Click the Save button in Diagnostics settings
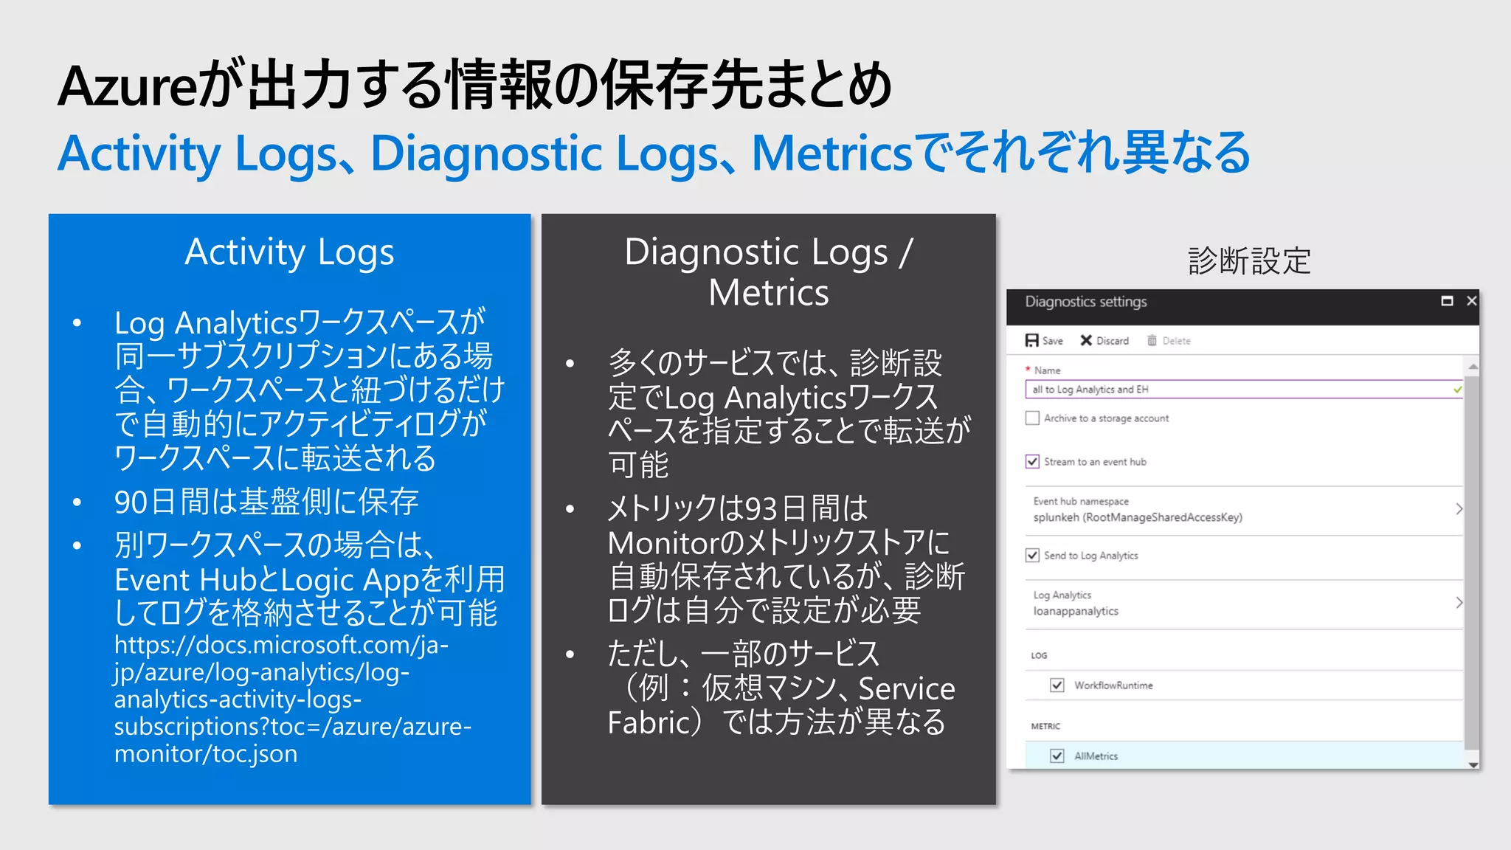tap(1044, 341)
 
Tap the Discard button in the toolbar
tap(1104, 341)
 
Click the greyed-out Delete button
tap(1169, 341)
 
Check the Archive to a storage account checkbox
tap(1032, 418)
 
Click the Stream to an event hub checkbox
tap(1032, 462)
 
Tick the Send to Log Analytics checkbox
tap(1032, 556)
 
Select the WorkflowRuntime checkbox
tap(1057, 685)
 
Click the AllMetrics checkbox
tap(1057, 756)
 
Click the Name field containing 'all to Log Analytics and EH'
tap(1239, 390)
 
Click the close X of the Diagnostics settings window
tap(1471, 301)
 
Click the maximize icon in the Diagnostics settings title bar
tap(1447, 301)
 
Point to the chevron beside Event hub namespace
tap(1459, 509)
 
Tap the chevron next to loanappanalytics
tap(1459, 603)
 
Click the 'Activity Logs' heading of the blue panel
tap(289, 252)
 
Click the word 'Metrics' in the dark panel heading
tap(769, 293)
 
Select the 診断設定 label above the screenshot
tap(1249, 261)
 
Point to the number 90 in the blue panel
tap(131, 502)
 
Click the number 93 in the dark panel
tap(760, 508)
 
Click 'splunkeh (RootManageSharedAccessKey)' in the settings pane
tap(1138, 517)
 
